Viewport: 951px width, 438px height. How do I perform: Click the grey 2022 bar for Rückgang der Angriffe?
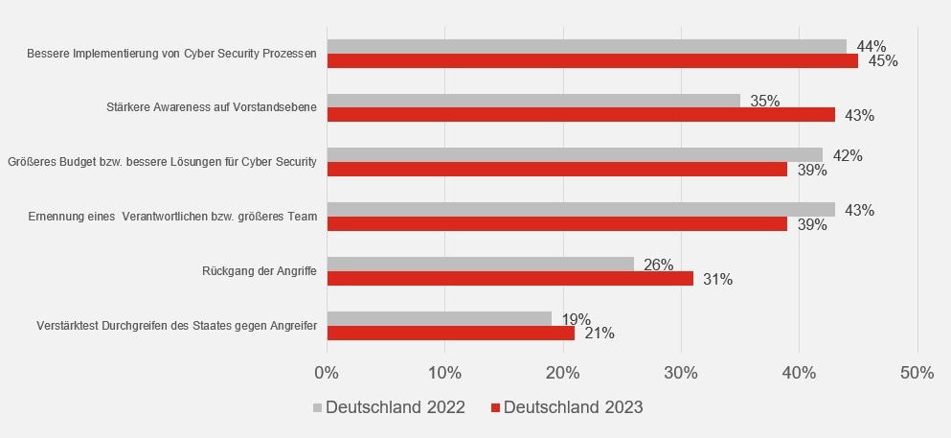tap(480, 264)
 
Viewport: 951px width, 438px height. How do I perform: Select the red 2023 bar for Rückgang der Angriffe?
tap(509, 279)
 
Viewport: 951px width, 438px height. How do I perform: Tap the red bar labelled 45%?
tap(592, 60)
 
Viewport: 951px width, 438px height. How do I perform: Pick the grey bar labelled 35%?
tap(533, 101)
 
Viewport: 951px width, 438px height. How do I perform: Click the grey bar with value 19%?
tap(439, 318)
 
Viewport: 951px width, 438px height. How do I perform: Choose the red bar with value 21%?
tap(450, 334)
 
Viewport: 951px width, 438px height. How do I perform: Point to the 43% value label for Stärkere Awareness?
tap(859, 116)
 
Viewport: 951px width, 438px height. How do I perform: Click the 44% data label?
tap(871, 46)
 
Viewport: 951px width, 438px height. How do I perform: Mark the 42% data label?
tap(848, 155)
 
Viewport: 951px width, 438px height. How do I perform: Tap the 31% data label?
tap(717, 280)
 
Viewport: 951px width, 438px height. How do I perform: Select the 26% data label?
tap(658, 265)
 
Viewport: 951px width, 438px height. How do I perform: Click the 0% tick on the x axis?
tap(327, 373)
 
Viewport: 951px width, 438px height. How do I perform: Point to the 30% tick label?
tap(681, 373)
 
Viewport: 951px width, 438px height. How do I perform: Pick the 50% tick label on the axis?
tap(917, 373)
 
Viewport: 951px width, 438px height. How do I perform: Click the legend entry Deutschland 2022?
tap(395, 407)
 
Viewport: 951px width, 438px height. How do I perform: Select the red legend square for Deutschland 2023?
tap(495, 408)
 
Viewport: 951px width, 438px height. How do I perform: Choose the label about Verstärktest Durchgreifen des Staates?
tap(176, 327)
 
